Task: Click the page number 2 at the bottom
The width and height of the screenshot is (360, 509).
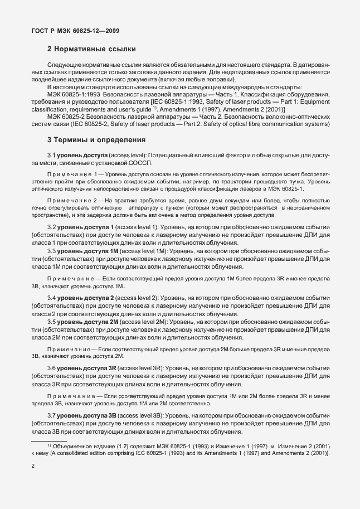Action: tap(33, 470)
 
